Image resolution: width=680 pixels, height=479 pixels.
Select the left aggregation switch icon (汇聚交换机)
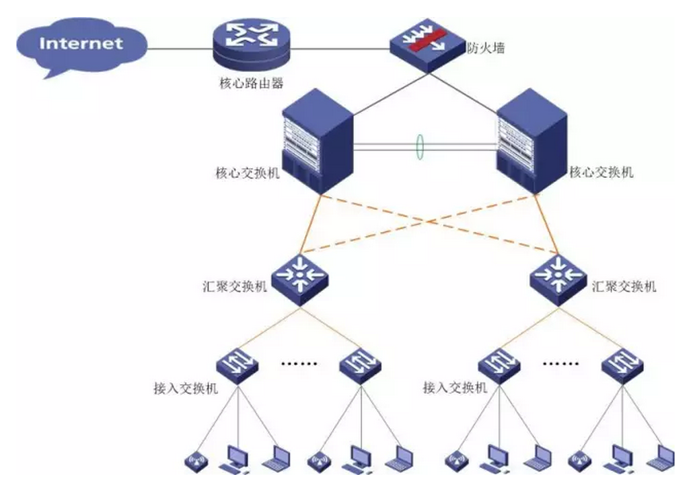299,276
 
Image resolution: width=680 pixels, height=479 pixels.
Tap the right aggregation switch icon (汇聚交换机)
559,276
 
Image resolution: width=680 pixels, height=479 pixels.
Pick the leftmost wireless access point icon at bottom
194,458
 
